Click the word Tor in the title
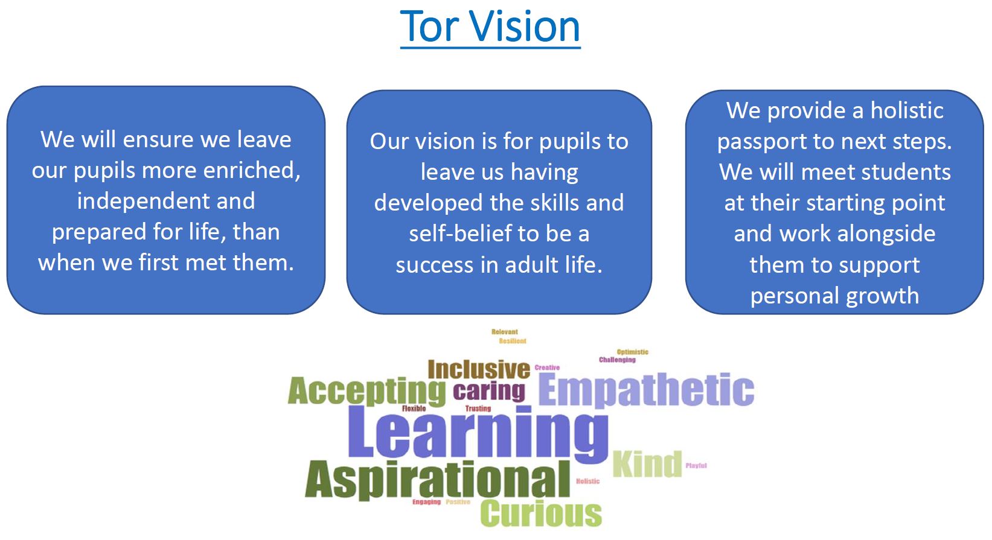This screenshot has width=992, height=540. (x=429, y=27)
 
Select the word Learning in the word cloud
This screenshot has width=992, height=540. (x=478, y=434)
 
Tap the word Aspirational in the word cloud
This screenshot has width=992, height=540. (x=438, y=480)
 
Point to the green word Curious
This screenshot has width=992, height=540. (x=541, y=513)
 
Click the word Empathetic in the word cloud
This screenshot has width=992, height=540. (x=646, y=390)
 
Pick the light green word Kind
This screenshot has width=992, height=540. (x=647, y=464)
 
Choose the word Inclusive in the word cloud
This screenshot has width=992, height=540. (x=479, y=369)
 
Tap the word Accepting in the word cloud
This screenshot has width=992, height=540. (x=366, y=392)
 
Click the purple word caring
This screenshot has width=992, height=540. (x=489, y=392)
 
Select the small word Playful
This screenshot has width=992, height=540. (x=696, y=466)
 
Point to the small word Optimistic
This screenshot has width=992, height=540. (x=632, y=352)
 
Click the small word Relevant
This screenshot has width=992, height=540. (x=504, y=331)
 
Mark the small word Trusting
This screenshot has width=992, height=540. (x=478, y=408)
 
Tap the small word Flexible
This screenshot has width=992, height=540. (x=414, y=408)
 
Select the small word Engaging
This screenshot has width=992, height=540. (x=426, y=502)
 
